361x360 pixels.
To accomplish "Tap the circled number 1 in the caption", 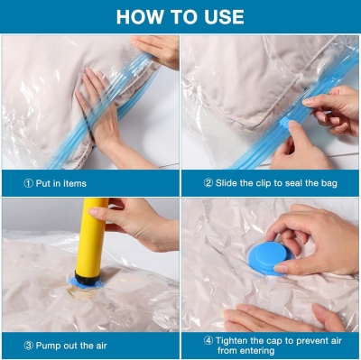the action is coord(28,183).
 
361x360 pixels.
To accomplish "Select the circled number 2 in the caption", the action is coord(208,183).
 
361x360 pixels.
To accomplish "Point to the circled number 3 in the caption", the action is coord(28,346).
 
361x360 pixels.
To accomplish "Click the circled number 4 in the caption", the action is coord(208,341).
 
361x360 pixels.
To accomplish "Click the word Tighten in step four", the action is coord(232,341).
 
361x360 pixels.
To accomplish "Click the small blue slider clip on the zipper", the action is coord(284,125).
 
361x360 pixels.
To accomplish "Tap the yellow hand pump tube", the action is coord(91,237).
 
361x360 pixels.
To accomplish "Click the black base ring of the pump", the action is coord(87,278).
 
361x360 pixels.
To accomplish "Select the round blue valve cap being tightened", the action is coord(269,258).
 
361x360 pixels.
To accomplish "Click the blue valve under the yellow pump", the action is coord(86,283).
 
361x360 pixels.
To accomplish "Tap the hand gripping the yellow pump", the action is coord(137,223).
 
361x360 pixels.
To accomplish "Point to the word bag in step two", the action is coord(329,183).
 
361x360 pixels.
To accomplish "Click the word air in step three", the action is coord(101,346).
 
